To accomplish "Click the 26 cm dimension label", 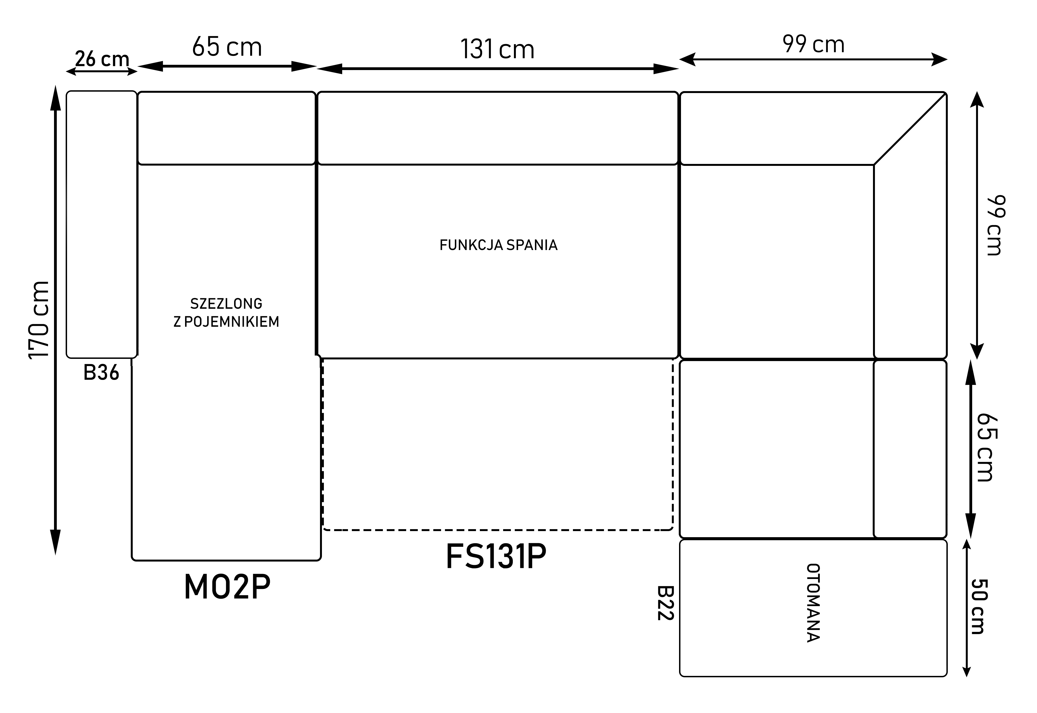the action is tap(102, 59).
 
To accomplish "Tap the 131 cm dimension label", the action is tap(497, 49).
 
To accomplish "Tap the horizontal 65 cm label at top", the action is tap(227, 47).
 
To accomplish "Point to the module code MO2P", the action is tap(227, 587).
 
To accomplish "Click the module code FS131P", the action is tap(496, 557).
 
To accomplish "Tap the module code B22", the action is tap(665, 603).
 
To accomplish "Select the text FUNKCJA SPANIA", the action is tap(498, 245).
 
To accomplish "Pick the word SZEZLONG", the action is tap(226, 304).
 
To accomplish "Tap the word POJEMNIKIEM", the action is tap(232, 322).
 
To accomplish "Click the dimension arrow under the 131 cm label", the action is tap(498, 69).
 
